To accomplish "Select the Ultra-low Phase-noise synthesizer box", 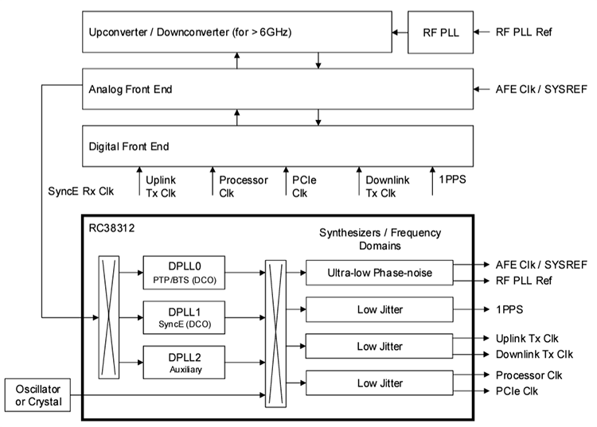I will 379,272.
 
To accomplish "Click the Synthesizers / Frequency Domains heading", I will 380,239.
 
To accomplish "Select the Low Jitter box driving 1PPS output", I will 379,309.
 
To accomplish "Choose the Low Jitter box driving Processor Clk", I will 379,383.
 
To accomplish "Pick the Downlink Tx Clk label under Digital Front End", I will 387,185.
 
